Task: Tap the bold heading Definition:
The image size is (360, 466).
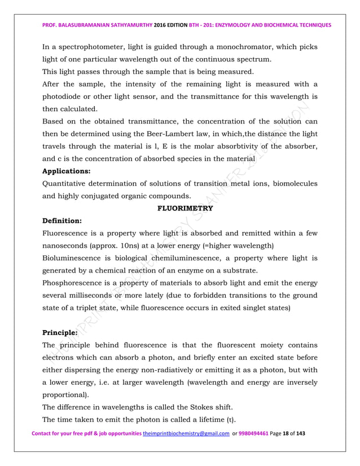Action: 64,221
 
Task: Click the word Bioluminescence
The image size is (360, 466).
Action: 76,258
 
